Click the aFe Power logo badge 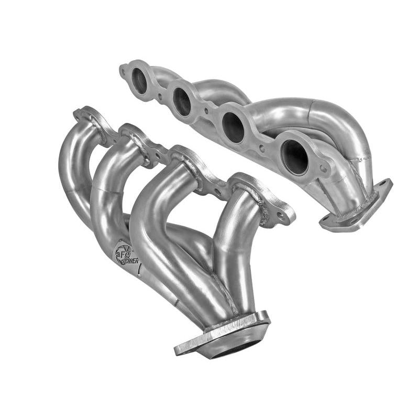click(x=124, y=253)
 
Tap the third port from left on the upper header click(x=233, y=127)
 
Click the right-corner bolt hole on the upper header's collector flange click(x=385, y=183)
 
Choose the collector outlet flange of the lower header click(x=223, y=335)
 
